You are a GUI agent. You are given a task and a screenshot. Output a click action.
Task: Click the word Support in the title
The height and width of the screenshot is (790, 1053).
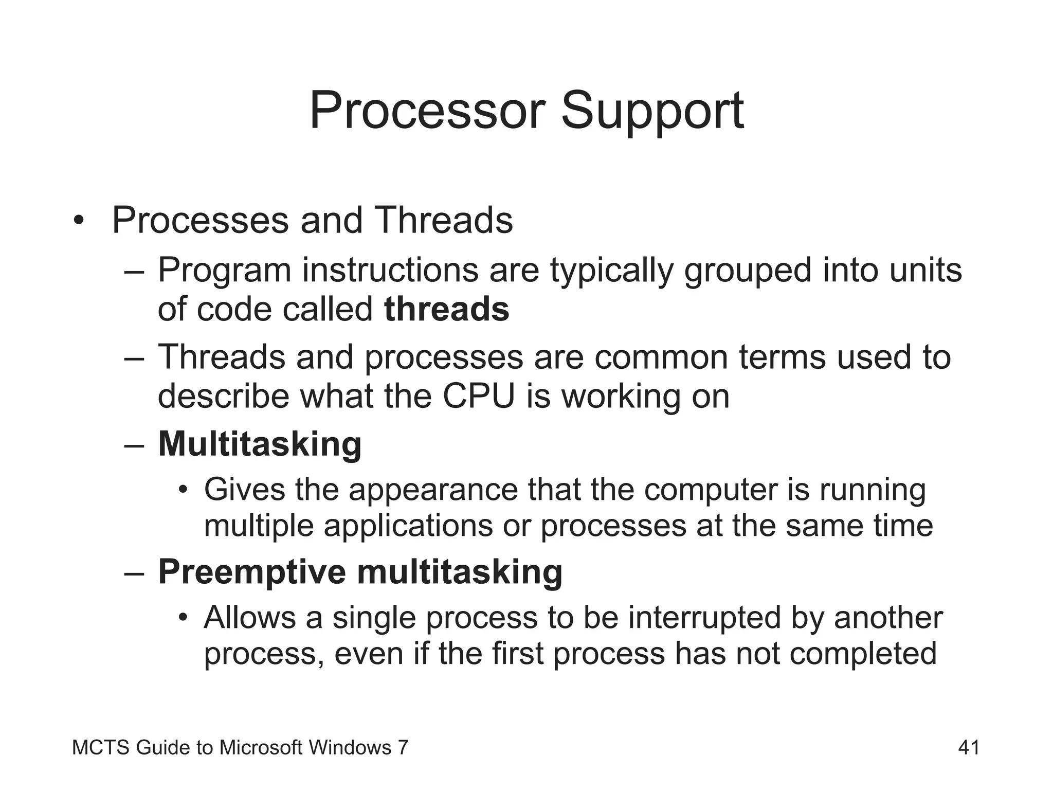click(x=652, y=111)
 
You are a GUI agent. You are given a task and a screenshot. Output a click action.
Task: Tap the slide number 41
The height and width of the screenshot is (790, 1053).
click(x=969, y=747)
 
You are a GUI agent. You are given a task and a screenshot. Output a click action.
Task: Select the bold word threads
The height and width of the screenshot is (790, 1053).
click(x=446, y=310)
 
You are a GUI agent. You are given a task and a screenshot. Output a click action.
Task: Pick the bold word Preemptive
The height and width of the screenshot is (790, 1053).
click(x=252, y=571)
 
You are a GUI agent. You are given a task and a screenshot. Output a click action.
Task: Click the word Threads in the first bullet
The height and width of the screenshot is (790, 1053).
click(x=444, y=220)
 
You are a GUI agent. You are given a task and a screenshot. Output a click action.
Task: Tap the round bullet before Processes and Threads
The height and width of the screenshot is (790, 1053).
click(x=78, y=221)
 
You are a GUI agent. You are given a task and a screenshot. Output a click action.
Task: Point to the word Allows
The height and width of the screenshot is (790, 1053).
click(x=249, y=617)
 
